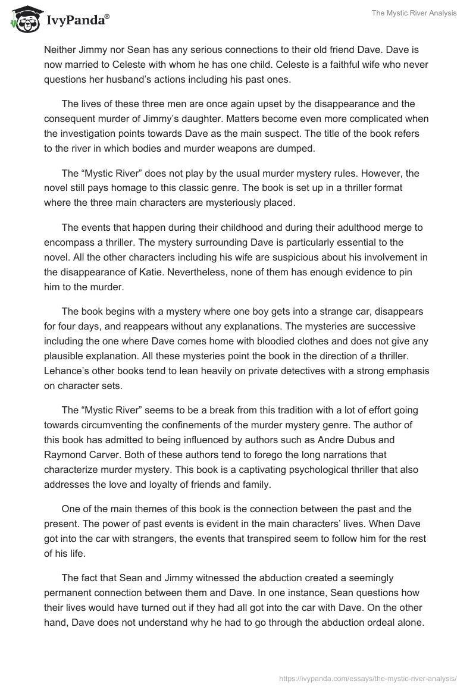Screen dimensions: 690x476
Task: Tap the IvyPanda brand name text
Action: click(75, 21)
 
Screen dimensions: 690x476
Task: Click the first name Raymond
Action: click(65, 455)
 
